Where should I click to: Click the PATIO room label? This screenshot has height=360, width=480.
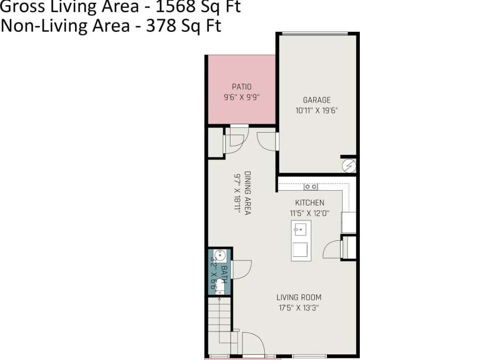[x=241, y=87]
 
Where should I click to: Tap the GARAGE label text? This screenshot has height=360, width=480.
[x=317, y=100]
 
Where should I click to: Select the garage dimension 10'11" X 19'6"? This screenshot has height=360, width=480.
[x=317, y=111]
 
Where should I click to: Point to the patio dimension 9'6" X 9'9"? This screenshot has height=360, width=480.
[x=241, y=97]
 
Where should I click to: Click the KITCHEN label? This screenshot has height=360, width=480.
[x=309, y=203]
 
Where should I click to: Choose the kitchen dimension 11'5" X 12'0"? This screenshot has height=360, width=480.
[x=309, y=213]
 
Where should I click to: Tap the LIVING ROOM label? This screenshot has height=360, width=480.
[x=299, y=297]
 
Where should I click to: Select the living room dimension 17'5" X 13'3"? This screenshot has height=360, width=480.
[x=299, y=308]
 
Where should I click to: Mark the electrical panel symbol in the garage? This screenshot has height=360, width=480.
[x=348, y=166]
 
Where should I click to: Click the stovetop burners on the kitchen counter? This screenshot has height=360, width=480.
[x=311, y=186]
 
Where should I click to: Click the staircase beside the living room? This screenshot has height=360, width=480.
[x=219, y=328]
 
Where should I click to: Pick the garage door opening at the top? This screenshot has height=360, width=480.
[x=317, y=34]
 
